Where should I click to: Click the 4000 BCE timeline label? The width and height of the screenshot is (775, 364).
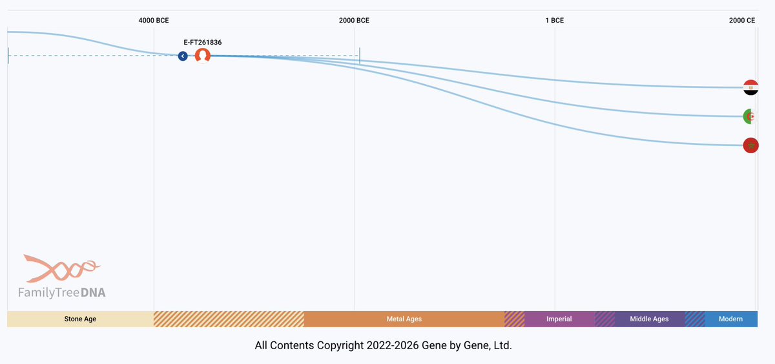154,20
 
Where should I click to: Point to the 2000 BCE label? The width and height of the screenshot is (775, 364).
354,20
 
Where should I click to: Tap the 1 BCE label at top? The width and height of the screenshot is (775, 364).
554,20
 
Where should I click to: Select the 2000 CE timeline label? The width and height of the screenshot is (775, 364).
741,20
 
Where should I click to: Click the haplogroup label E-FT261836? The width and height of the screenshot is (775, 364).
203,42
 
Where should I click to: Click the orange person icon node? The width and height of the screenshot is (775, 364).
203,56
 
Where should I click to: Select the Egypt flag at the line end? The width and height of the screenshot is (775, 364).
750,87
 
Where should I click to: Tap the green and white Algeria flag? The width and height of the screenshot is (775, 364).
750,117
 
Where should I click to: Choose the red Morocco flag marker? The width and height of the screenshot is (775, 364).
750,145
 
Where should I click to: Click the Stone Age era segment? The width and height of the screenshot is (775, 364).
80,319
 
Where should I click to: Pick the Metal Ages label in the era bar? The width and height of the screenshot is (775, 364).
404,319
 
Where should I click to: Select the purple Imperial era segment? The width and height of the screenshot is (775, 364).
559,319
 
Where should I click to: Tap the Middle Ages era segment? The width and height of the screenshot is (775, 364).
649,319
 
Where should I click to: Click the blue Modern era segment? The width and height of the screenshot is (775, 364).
730,319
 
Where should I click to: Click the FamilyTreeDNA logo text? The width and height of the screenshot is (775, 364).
62,293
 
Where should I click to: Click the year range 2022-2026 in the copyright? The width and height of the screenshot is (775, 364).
393,346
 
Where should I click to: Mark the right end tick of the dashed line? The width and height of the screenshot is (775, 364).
360,56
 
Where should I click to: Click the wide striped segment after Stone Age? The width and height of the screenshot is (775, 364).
229,319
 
